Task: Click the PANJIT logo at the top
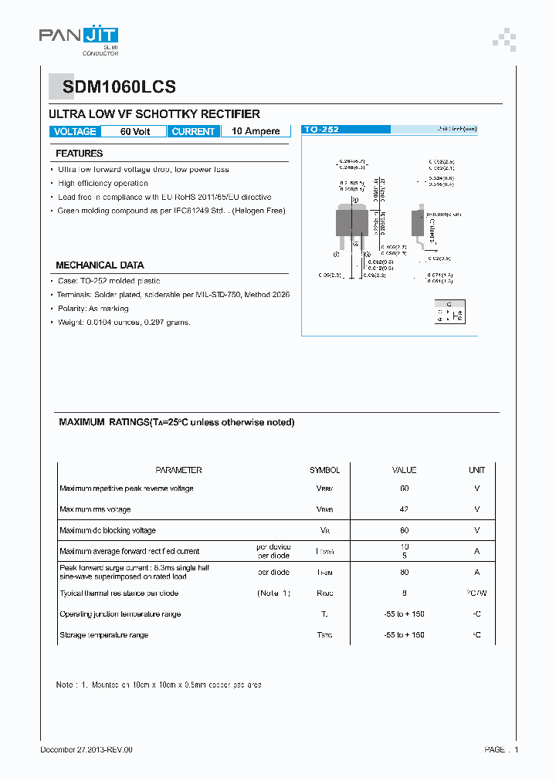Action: pos(79,36)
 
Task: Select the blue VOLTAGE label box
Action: pos(75,131)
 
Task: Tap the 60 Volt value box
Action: pos(135,131)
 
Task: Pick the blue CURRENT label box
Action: pos(193,131)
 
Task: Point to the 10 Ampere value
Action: pos(256,131)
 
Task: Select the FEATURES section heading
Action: pos(79,154)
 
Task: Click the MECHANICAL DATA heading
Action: pos(100,265)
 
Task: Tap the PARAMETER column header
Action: pos(178,470)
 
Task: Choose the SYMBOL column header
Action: pos(324,470)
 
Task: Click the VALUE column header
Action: pos(404,470)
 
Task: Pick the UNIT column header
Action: pos(476,470)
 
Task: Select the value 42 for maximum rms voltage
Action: pos(404,509)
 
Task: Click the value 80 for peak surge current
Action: pos(404,572)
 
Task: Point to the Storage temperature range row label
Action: pos(103,635)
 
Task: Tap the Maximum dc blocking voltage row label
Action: pos(107,530)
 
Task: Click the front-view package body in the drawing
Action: pos(350,221)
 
